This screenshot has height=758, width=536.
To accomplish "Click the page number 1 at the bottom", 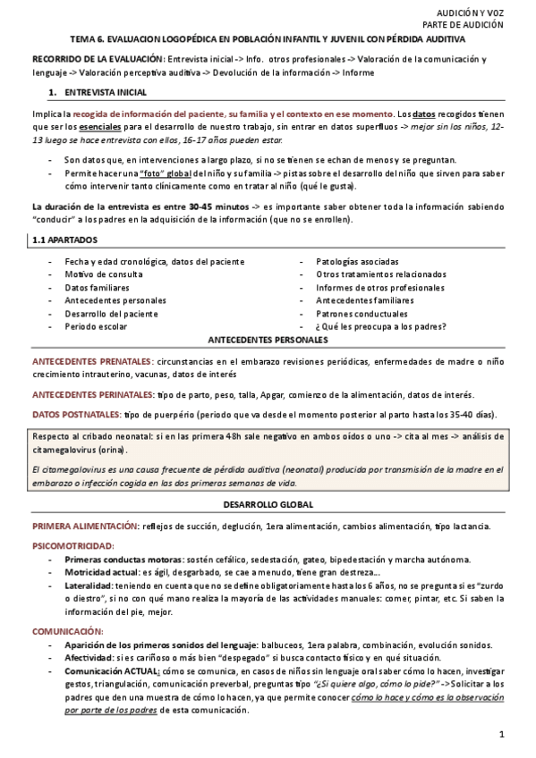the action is tap(502, 734).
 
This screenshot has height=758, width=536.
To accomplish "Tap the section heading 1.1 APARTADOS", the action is tap(64, 240).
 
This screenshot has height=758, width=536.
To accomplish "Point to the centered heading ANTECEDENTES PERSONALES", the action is tap(268, 341).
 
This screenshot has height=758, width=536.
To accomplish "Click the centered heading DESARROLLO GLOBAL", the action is tap(268, 505).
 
